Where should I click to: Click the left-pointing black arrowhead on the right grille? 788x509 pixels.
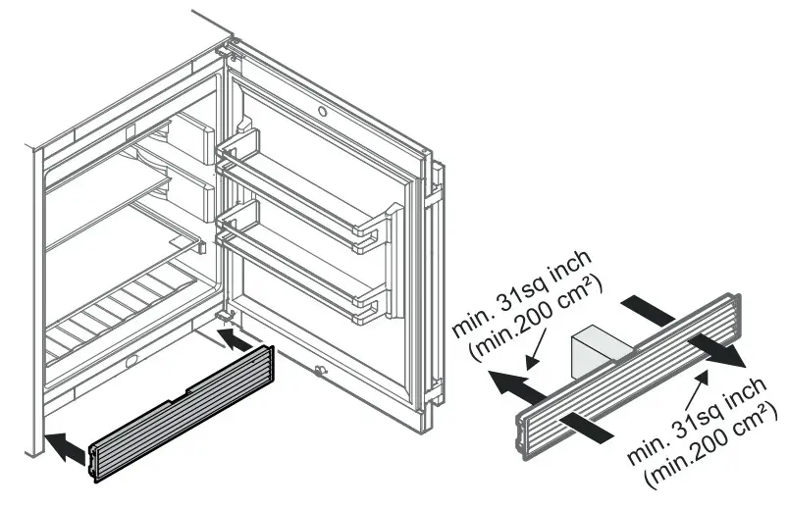pos(506,382)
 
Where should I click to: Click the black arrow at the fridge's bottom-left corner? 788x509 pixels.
pos(65,448)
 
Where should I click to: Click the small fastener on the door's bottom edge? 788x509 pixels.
pos(319,371)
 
